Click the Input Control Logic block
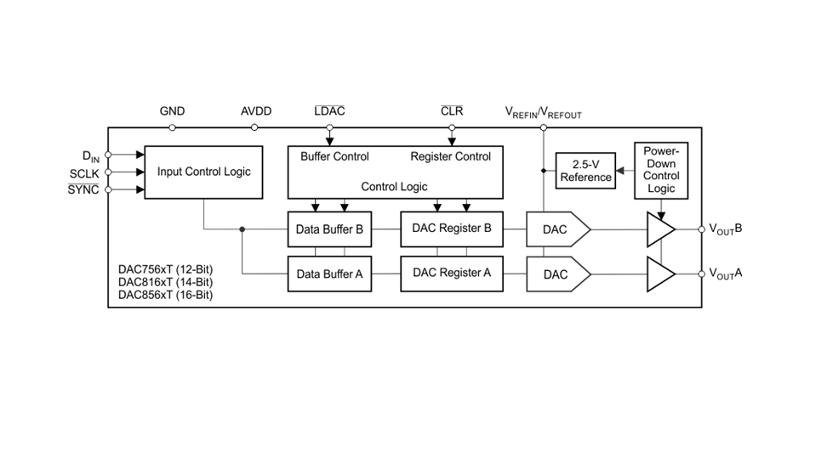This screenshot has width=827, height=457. (x=203, y=172)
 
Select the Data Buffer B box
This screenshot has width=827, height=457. (x=329, y=228)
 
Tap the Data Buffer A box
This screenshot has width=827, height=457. (x=329, y=274)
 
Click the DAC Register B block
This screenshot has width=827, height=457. (x=451, y=228)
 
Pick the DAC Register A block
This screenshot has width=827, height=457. (x=451, y=273)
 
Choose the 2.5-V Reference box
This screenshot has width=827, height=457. (x=585, y=172)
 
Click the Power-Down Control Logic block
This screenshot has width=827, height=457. (x=661, y=170)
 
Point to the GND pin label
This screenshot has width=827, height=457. (x=172, y=111)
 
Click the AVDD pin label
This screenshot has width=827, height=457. (x=256, y=111)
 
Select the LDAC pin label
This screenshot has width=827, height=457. (x=329, y=111)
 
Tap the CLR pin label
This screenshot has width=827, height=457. (x=452, y=111)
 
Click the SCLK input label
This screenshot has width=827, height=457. (x=84, y=174)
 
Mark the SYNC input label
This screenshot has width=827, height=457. (x=83, y=189)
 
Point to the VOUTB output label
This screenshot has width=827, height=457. (x=726, y=228)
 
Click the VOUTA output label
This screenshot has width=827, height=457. (x=726, y=274)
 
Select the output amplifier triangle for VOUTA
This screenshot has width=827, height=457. (x=659, y=274)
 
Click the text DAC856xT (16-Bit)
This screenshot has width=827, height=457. (x=165, y=295)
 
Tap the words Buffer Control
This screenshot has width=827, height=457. (x=334, y=156)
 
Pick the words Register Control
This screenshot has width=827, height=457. (x=450, y=156)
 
